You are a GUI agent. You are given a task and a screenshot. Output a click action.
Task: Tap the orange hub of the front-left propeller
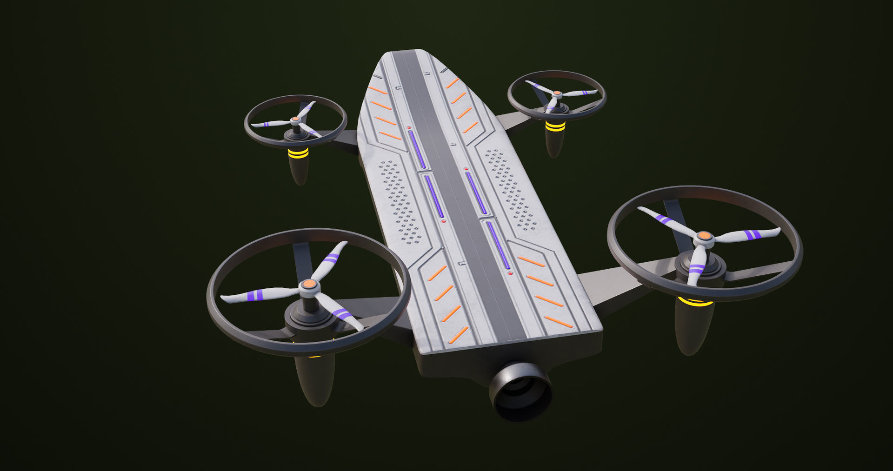[x=308, y=284]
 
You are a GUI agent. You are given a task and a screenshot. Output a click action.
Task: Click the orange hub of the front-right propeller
[x=705, y=236]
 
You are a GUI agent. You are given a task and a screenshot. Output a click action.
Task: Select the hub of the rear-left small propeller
[x=295, y=120]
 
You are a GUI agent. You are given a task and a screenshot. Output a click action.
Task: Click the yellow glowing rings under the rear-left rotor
[x=298, y=153]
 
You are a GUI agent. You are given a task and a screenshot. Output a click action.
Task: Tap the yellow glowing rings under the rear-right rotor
[x=555, y=126]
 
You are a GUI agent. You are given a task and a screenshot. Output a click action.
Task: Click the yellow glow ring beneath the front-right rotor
[x=695, y=302]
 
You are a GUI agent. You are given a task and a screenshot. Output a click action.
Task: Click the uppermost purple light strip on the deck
[x=417, y=149]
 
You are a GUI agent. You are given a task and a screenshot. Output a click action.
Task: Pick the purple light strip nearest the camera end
[x=498, y=245]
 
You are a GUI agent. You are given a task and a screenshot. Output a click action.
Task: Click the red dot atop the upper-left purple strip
[x=409, y=127]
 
